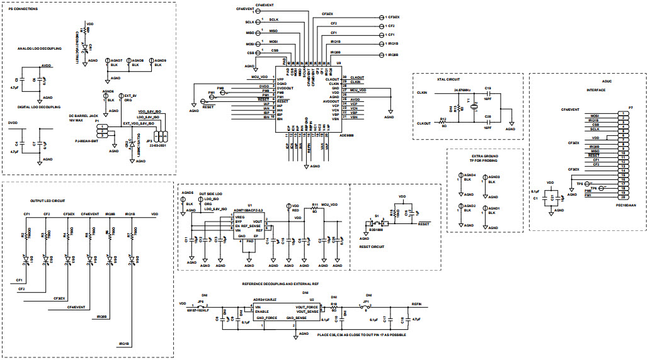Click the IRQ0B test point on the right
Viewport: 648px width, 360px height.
(382, 55)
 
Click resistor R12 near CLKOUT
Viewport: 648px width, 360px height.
(443, 123)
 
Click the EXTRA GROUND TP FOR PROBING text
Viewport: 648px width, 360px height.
(484, 157)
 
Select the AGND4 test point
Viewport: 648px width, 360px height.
(461, 177)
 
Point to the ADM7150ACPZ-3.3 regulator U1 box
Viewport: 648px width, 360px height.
(249, 227)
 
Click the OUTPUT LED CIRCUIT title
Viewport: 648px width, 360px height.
(48, 200)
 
